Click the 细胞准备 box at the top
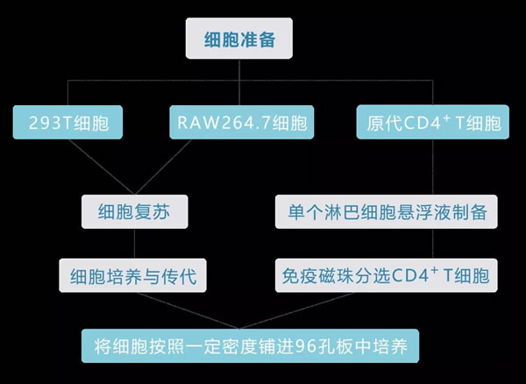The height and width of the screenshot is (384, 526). (x=238, y=39)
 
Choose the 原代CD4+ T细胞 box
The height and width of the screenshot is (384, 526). (x=433, y=123)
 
